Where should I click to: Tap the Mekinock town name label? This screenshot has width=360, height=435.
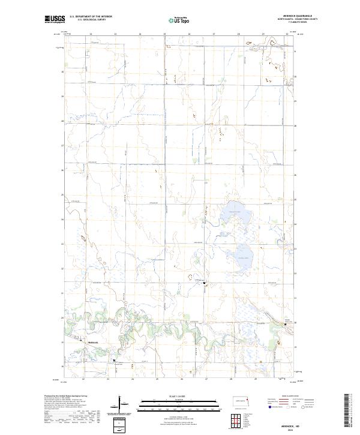88,343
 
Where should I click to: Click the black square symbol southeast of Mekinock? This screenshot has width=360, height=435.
115,361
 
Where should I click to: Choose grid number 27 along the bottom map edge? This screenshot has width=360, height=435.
206,379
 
